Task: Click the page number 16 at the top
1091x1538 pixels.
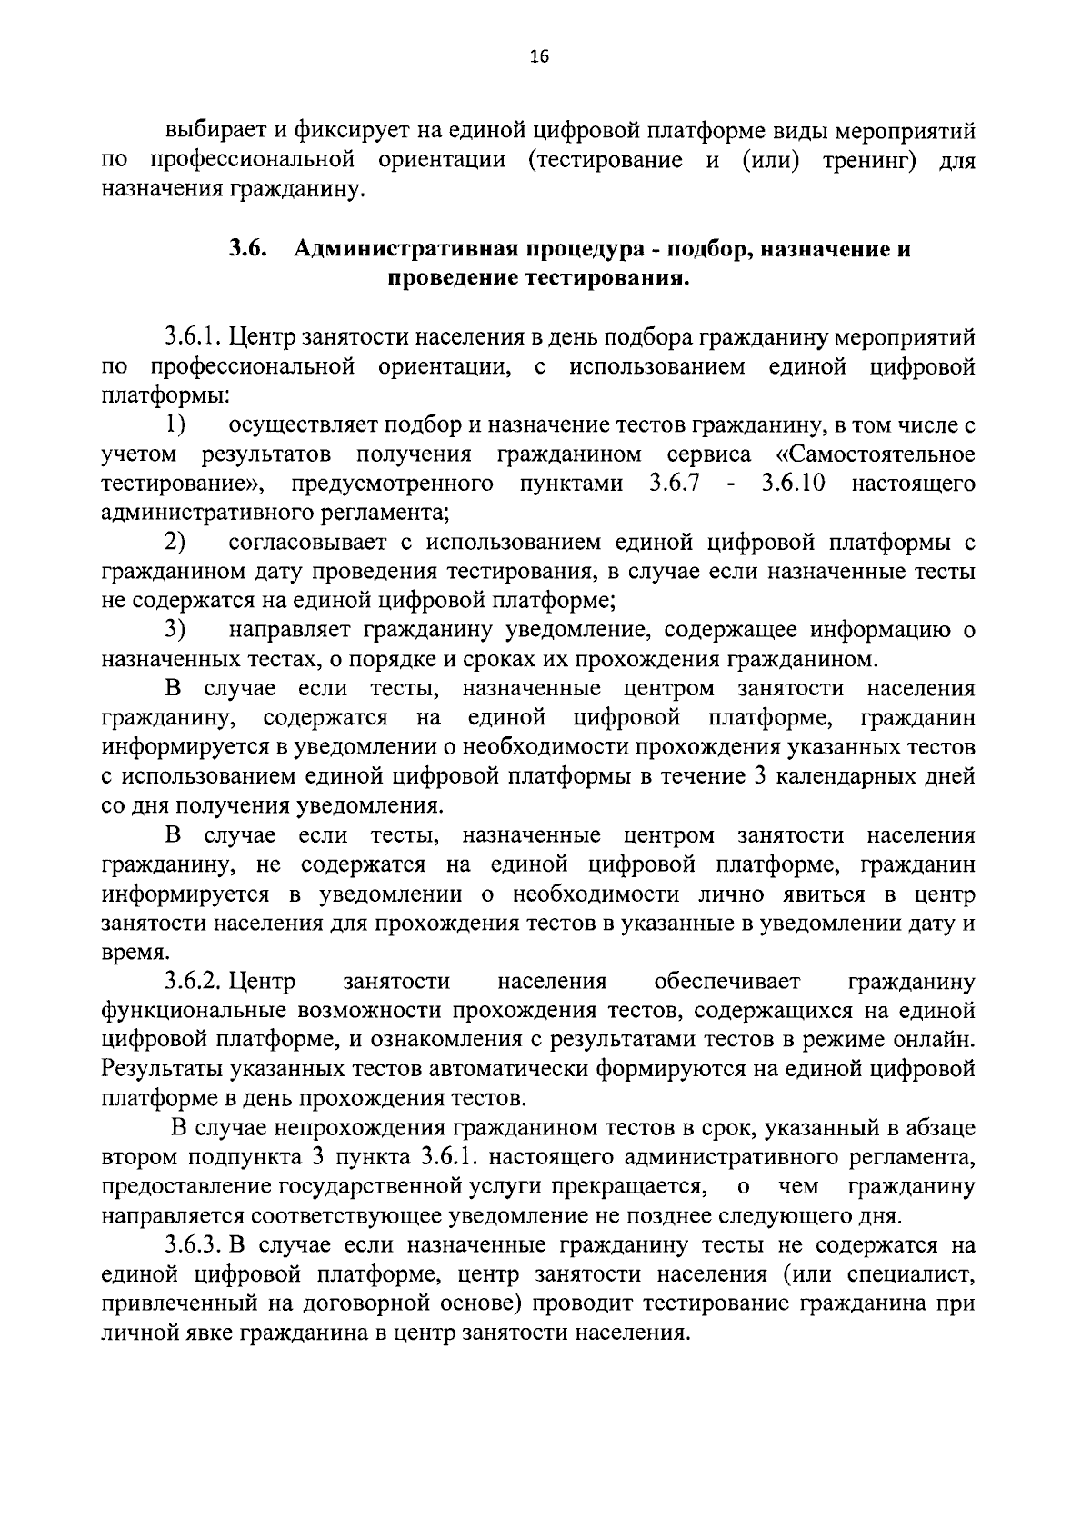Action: pyautogui.click(x=538, y=57)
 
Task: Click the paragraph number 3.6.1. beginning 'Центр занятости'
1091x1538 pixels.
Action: pyautogui.click(x=194, y=337)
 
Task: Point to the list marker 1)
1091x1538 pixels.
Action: pyautogui.click(x=176, y=424)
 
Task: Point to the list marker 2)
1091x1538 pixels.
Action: pyautogui.click(x=176, y=542)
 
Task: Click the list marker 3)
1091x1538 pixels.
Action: pyautogui.click(x=176, y=629)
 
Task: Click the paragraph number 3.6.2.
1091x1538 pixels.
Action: pyautogui.click(x=194, y=981)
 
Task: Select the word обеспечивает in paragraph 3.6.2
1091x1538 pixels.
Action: pyautogui.click(x=726, y=981)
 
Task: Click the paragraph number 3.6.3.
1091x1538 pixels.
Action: pyautogui.click(x=194, y=1245)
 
